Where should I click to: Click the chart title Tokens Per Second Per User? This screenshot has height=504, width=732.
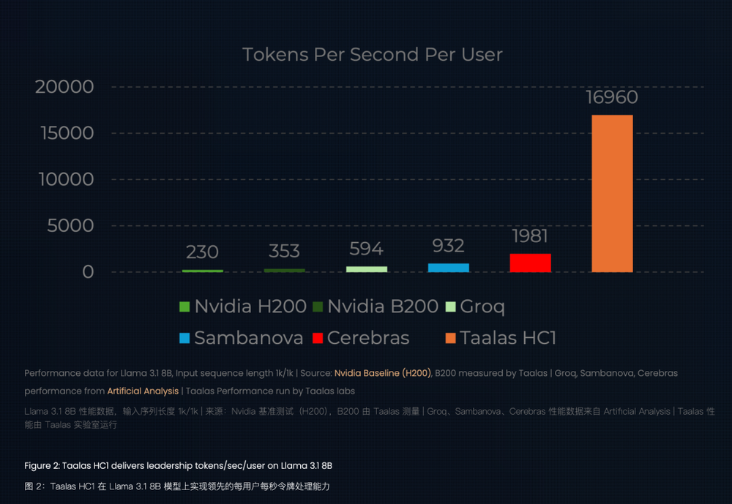tap(372, 55)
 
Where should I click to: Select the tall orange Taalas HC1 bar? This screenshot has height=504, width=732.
tap(612, 193)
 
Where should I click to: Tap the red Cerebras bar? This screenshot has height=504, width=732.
tap(530, 263)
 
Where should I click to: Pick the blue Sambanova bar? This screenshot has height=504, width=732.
tap(448, 267)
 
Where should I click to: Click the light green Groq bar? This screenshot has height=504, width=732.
tap(366, 268)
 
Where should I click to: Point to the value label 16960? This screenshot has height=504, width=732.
tap(612, 97)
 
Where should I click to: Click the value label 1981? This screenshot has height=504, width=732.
tap(530, 236)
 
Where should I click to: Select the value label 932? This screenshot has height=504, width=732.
tap(448, 246)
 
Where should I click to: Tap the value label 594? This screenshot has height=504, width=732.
tap(366, 249)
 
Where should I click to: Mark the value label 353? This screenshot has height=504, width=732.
tap(284, 251)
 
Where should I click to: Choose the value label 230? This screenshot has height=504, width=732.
tap(202, 252)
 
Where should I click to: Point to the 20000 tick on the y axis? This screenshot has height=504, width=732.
tap(64, 87)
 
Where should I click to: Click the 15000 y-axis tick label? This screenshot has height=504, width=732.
tap(64, 133)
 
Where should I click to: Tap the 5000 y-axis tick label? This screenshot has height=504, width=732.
tap(70, 225)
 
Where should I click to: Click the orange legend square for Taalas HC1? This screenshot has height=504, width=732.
tap(450, 338)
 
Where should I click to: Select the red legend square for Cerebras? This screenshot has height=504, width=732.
tap(317, 338)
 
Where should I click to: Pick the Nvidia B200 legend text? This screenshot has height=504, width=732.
tap(382, 306)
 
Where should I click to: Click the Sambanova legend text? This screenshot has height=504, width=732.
tap(249, 338)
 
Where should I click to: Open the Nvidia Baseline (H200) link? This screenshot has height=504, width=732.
tap(383, 373)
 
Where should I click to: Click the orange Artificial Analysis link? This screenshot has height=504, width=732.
tap(143, 391)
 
